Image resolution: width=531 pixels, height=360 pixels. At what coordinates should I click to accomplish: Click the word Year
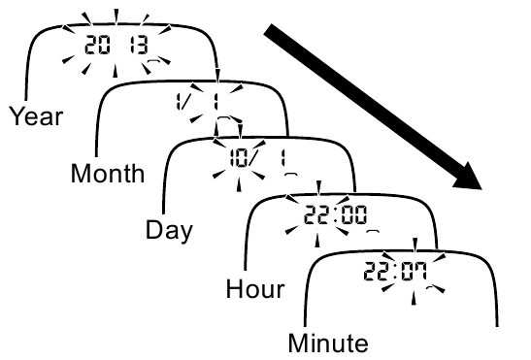click(x=36, y=117)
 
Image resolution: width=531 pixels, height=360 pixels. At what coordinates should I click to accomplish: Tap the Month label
click(x=107, y=174)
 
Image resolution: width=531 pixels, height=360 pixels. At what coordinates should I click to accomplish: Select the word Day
click(x=168, y=231)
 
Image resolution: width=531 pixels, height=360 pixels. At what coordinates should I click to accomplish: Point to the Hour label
click(x=254, y=289)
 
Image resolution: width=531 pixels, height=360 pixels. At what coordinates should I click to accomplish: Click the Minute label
click(x=328, y=343)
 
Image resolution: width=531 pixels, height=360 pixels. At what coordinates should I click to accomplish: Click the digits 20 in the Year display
click(x=95, y=43)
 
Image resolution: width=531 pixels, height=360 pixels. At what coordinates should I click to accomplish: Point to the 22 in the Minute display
click(x=372, y=267)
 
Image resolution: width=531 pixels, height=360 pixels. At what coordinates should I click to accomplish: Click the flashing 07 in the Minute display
click(x=413, y=267)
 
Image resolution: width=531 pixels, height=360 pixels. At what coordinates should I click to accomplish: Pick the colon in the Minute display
click(x=392, y=267)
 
